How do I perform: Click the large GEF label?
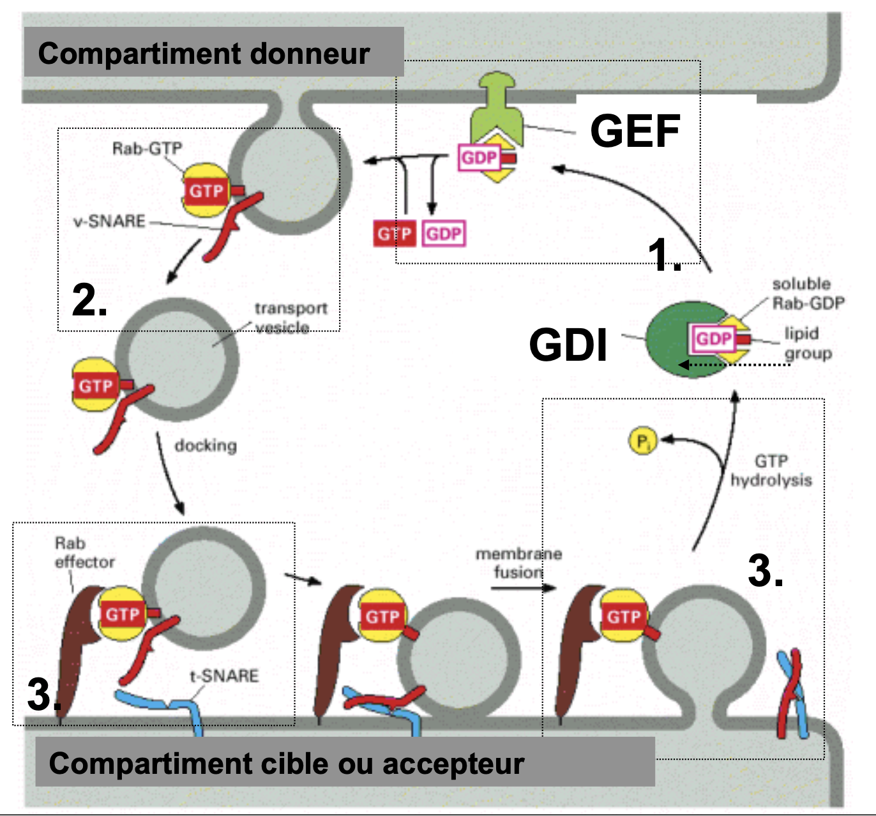(635, 131)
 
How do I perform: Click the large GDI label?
(568, 345)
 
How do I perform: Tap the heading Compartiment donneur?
(204, 53)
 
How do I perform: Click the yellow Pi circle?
(642, 441)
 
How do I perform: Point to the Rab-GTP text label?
(147, 149)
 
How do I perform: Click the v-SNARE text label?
(109, 222)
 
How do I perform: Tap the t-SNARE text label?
(224, 676)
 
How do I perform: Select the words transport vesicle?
(291, 317)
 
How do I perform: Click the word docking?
(206, 445)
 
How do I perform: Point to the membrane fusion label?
(518, 563)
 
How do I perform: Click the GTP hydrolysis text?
(771, 470)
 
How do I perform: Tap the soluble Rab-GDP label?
(808, 293)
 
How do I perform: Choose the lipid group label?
(808, 343)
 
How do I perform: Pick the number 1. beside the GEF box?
(664, 254)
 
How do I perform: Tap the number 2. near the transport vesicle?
(89, 299)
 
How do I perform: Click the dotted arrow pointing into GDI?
(734, 365)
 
